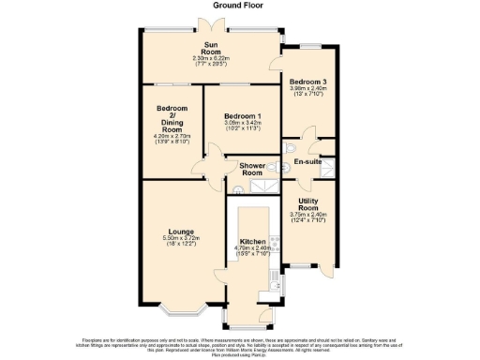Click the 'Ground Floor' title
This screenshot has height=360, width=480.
[x=240, y=6]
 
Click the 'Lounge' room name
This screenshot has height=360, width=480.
[x=182, y=231]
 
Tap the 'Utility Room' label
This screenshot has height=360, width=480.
[x=307, y=205]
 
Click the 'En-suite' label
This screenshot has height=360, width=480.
[x=307, y=162]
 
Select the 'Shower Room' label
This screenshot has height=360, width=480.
[x=251, y=170]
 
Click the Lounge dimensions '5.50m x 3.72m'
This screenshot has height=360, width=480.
[x=182, y=240]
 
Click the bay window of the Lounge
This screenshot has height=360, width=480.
[x=182, y=309]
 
